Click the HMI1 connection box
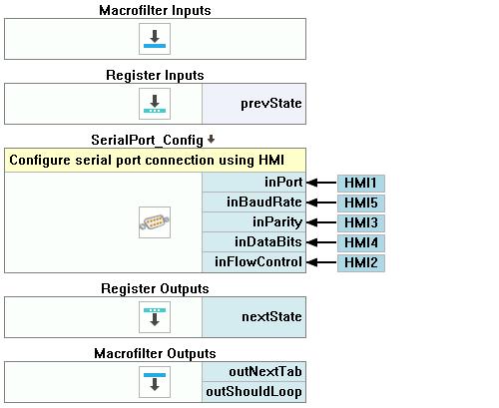(x=361, y=184)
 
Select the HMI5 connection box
(x=361, y=204)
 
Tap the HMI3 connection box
(x=361, y=223)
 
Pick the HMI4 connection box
(x=361, y=243)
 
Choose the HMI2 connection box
(x=361, y=263)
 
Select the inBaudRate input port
(x=254, y=203)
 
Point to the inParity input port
(x=254, y=222)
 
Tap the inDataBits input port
(x=254, y=242)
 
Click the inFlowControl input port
(x=254, y=262)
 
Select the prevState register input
(x=254, y=104)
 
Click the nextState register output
(x=254, y=317)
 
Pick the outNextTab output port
(x=254, y=372)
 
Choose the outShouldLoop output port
(x=254, y=392)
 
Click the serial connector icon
(x=155, y=222)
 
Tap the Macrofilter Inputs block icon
(x=155, y=39)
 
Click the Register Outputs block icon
(x=155, y=317)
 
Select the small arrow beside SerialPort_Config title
(x=211, y=140)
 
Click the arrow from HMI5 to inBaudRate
(x=321, y=203)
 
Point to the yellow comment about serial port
(x=155, y=161)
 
